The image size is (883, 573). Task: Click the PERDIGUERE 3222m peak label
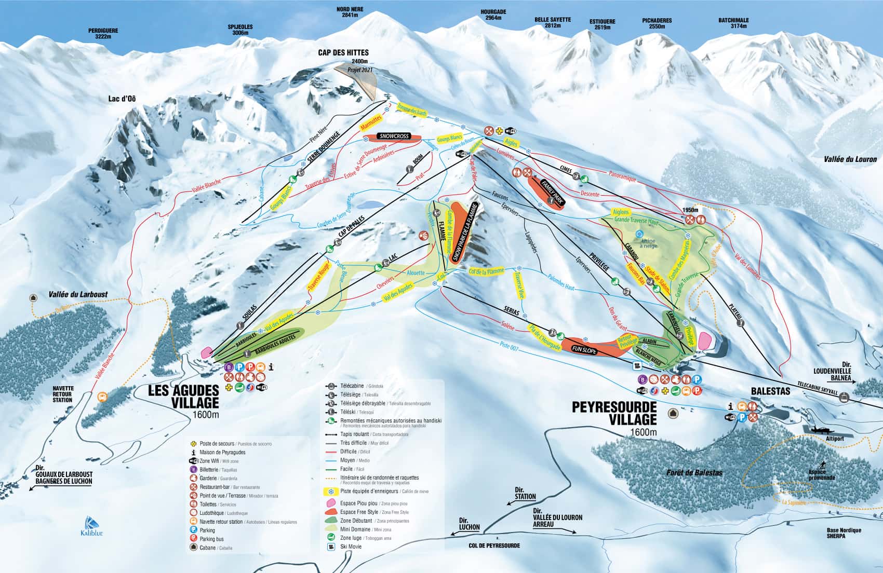(x=103, y=34)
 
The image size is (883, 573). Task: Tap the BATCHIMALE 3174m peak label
(x=733, y=23)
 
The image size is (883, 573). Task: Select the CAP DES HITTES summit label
(x=343, y=53)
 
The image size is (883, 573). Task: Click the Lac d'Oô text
(x=123, y=99)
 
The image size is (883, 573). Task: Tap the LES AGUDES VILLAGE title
(x=183, y=397)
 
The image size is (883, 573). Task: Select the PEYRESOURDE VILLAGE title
(x=614, y=413)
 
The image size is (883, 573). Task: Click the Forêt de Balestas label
(x=694, y=472)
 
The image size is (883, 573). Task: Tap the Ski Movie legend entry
(x=351, y=547)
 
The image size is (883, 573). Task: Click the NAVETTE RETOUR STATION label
(x=63, y=394)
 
